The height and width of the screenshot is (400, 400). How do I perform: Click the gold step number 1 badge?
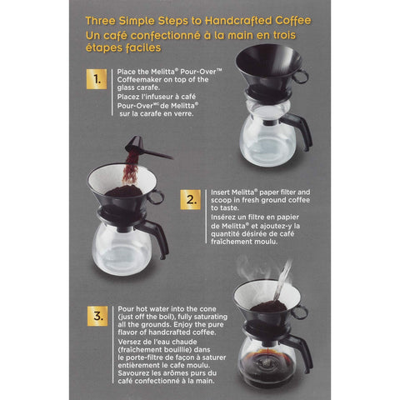97,81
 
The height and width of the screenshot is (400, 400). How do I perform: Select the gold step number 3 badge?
97,317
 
